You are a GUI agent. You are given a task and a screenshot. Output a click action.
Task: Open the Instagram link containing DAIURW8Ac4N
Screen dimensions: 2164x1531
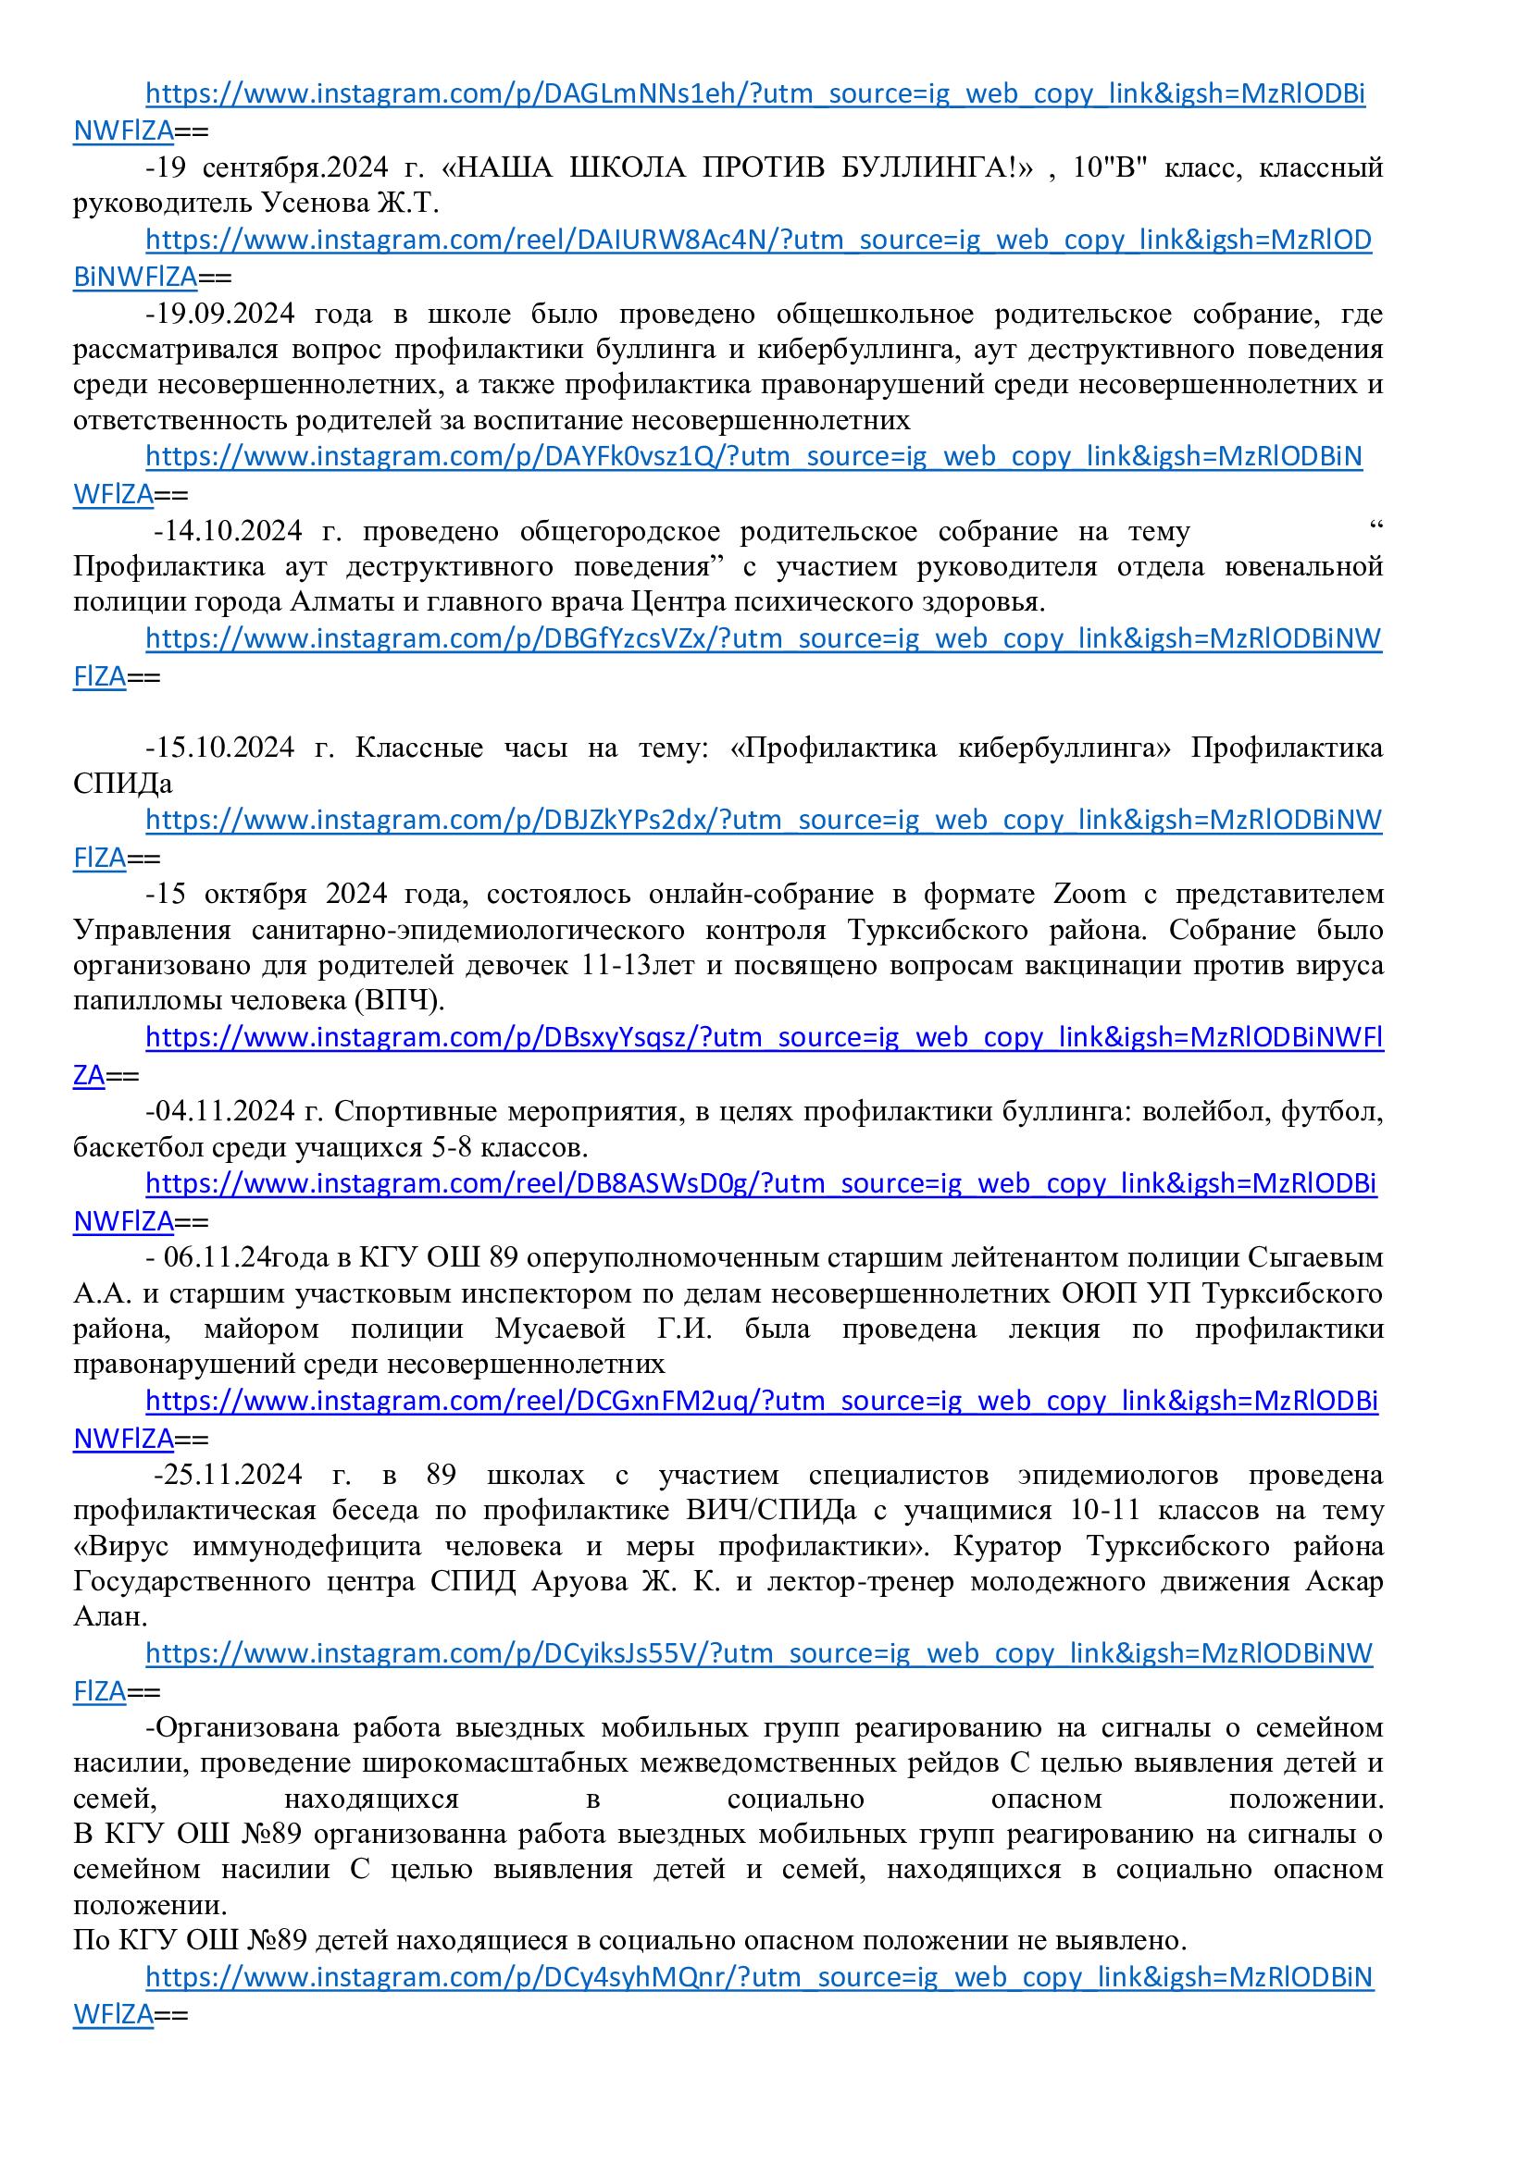tap(758, 241)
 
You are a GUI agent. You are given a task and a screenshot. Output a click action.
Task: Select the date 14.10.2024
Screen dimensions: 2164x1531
tap(232, 531)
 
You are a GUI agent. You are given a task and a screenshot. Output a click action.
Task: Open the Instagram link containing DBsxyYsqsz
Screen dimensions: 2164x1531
tap(764, 1038)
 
